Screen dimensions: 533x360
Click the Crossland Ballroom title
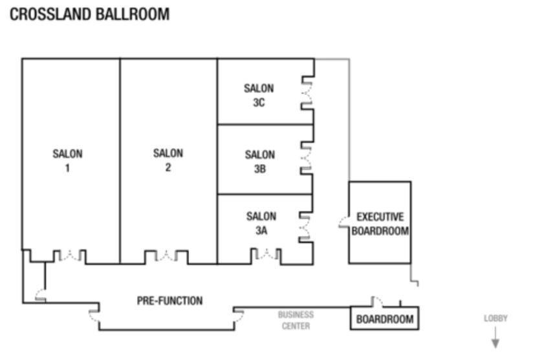(x=89, y=14)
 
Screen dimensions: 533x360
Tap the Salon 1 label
(x=67, y=161)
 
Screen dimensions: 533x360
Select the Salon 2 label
(x=168, y=160)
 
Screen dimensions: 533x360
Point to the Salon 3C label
(x=259, y=95)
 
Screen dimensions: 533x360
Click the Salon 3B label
(x=259, y=162)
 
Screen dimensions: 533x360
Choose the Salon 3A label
(x=261, y=223)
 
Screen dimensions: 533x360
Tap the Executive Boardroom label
(x=380, y=224)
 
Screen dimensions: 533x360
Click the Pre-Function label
(x=169, y=301)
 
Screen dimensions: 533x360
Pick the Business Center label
(x=296, y=321)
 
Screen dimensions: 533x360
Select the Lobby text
(x=495, y=318)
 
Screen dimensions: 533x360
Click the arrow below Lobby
(x=495, y=337)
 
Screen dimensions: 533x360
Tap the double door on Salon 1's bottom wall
(x=70, y=255)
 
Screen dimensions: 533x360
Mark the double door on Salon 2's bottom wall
(x=166, y=255)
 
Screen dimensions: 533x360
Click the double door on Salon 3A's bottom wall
(x=266, y=254)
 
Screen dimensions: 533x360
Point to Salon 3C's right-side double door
(x=307, y=92)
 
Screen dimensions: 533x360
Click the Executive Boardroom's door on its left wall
(x=344, y=222)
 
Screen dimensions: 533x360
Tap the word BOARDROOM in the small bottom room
(x=385, y=319)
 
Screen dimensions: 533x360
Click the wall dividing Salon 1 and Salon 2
(x=120, y=161)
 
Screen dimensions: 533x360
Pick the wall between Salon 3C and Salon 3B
(x=265, y=125)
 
